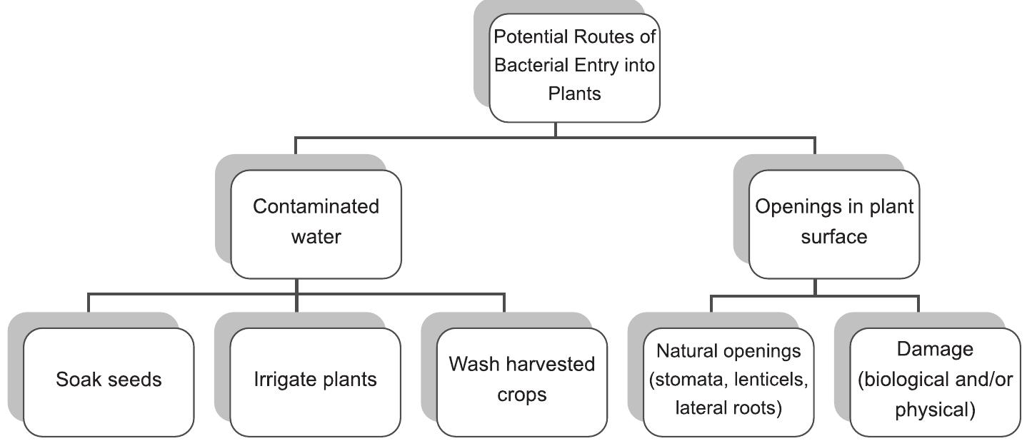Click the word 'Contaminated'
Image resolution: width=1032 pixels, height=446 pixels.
pos(316,207)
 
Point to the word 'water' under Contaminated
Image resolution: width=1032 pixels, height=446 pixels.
pos(316,236)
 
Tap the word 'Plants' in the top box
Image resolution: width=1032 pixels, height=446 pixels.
pos(574,93)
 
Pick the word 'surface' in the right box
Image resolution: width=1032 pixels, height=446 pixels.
pos(834,236)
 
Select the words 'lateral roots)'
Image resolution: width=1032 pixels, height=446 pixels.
pos(728,409)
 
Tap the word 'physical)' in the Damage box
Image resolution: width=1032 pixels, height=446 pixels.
pos(935,410)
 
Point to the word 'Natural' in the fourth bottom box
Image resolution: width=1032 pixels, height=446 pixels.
pos(686,351)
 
